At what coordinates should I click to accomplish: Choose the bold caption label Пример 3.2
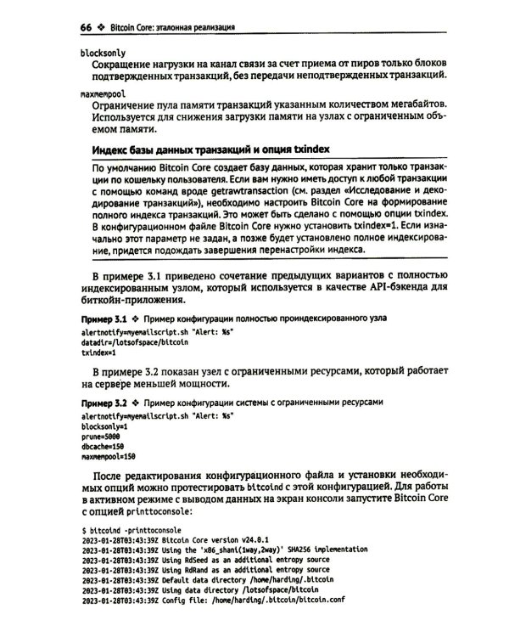(102, 401)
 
